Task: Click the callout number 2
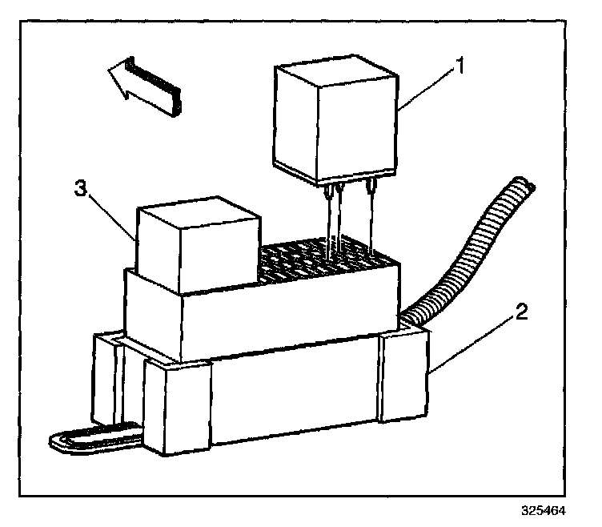521,312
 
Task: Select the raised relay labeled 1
337,120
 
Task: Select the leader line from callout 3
110,213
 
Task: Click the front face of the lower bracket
296,400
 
